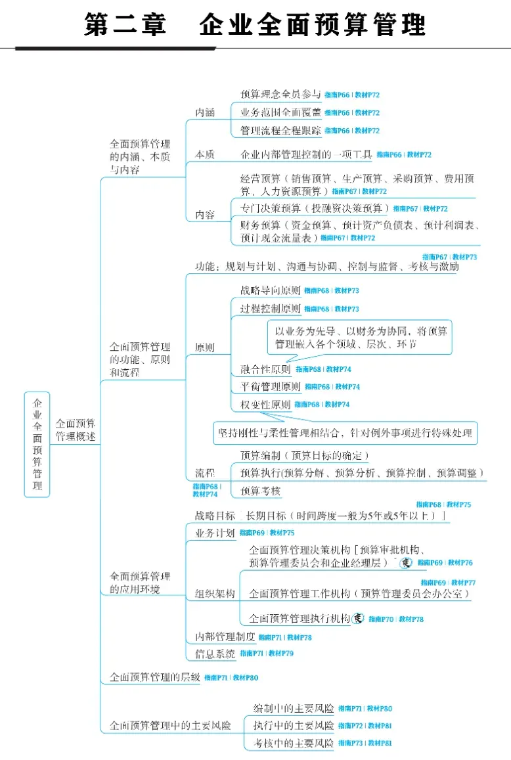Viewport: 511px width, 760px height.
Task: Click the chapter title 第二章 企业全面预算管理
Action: point(255,25)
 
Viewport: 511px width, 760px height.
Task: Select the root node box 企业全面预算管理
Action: point(37,444)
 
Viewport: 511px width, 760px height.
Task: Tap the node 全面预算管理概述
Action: point(75,430)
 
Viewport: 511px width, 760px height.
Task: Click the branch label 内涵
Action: point(205,112)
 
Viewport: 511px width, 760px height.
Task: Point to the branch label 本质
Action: point(205,154)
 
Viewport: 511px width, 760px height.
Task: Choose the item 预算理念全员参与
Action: point(280,95)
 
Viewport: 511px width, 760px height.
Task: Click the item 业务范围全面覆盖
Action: point(280,112)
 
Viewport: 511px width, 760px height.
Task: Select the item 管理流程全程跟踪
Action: point(280,130)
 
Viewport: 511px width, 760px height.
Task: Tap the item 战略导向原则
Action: point(271,290)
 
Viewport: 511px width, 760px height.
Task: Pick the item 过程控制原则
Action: point(271,309)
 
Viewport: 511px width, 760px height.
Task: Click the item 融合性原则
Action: point(266,369)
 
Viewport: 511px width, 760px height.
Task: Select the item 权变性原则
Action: point(266,404)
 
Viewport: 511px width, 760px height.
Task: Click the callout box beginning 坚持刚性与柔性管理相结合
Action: point(345,433)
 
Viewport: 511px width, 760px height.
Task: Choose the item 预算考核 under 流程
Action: point(261,491)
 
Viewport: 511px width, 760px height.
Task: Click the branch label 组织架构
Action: point(215,593)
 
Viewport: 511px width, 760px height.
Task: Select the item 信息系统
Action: point(215,654)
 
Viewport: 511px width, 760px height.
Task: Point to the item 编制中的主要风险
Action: point(294,709)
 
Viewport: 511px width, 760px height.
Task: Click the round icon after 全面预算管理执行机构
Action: point(358,618)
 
